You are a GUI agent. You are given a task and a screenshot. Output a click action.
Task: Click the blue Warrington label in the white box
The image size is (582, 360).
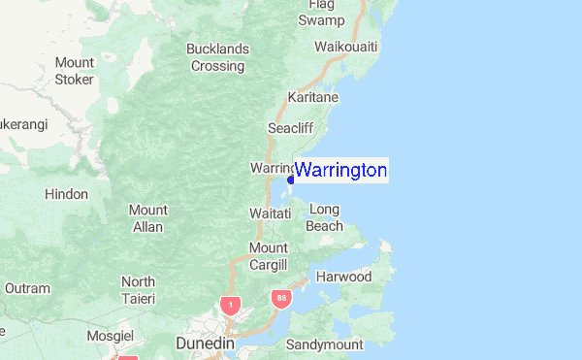[x=340, y=171]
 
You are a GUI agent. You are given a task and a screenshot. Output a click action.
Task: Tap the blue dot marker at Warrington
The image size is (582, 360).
[x=291, y=180]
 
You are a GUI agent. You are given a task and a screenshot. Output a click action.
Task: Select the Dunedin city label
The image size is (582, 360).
[x=207, y=343]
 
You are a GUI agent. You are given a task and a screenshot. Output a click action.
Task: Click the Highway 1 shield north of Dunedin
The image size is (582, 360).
[x=229, y=305]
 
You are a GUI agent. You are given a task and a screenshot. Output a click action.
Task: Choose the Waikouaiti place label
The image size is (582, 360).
[x=346, y=47]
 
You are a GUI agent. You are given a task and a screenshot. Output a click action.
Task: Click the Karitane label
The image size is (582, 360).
[x=311, y=98]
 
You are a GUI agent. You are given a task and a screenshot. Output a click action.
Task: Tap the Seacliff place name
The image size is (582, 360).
[x=291, y=127]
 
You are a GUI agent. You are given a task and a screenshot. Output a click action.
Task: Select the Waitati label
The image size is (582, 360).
[x=271, y=212]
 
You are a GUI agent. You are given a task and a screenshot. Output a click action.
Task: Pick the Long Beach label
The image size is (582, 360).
[x=326, y=217]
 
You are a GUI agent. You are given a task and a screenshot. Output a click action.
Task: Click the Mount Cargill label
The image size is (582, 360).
[x=268, y=256]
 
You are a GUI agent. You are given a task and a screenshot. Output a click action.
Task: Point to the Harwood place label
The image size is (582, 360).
[x=344, y=277]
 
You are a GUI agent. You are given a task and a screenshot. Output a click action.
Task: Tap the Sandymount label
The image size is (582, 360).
[x=324, y=344]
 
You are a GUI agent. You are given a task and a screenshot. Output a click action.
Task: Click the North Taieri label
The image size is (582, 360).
[x=138, y=289]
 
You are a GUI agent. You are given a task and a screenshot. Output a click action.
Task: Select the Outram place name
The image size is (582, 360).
[x=27, y=288]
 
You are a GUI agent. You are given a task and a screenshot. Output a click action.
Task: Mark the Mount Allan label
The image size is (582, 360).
[x=148, y=218]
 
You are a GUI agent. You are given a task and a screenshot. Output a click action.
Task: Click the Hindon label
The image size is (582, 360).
[x=66, y=194]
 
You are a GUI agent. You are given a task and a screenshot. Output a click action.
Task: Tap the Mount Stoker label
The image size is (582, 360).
[x=74, y=71]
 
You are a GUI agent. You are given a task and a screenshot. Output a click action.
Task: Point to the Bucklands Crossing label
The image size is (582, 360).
[x=217, y=57]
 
